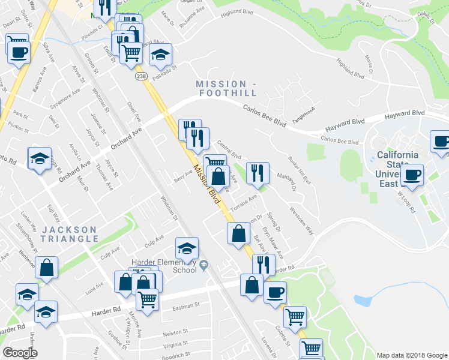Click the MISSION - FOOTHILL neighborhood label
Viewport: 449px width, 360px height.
226,88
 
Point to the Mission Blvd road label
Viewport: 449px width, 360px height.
205,184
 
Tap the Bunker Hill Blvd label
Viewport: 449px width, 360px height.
300,170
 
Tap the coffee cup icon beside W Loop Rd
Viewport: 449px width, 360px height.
412,174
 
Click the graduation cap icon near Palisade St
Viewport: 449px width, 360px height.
160,55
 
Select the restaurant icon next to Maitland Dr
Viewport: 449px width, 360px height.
258,173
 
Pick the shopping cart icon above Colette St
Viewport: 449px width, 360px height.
294,316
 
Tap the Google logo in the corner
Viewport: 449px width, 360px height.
20,353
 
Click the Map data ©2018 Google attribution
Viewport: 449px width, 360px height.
411,355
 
